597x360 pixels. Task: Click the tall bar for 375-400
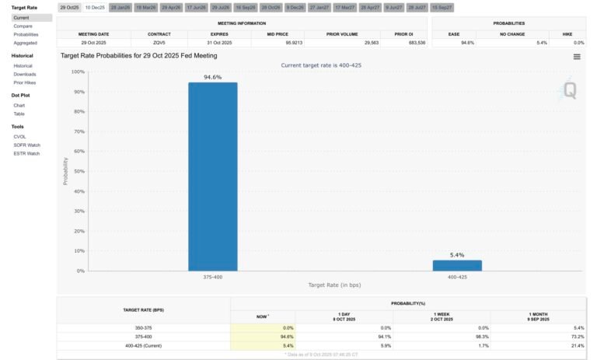[212, 177]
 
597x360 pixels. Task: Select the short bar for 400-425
[457, 265]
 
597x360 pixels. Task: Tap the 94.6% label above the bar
[212, 78]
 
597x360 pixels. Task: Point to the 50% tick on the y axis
[78, 171]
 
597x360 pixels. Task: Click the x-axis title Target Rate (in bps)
[334, 285]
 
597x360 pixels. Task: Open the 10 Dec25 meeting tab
[95, 7]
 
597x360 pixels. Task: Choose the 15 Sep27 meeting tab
[442, 7]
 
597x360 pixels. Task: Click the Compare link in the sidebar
[22, 26]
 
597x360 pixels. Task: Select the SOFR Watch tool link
[26, 145]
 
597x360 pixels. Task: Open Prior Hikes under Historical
[25, 82]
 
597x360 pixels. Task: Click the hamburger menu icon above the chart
[577, 57]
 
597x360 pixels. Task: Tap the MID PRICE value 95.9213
[277, 43]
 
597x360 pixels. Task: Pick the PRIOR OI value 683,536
[405, 43]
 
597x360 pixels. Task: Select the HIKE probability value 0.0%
[578, 43]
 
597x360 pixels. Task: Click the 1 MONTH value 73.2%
[576, 336]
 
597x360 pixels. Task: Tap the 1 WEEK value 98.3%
[482, 336]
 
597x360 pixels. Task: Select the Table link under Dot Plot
[19, 114]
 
